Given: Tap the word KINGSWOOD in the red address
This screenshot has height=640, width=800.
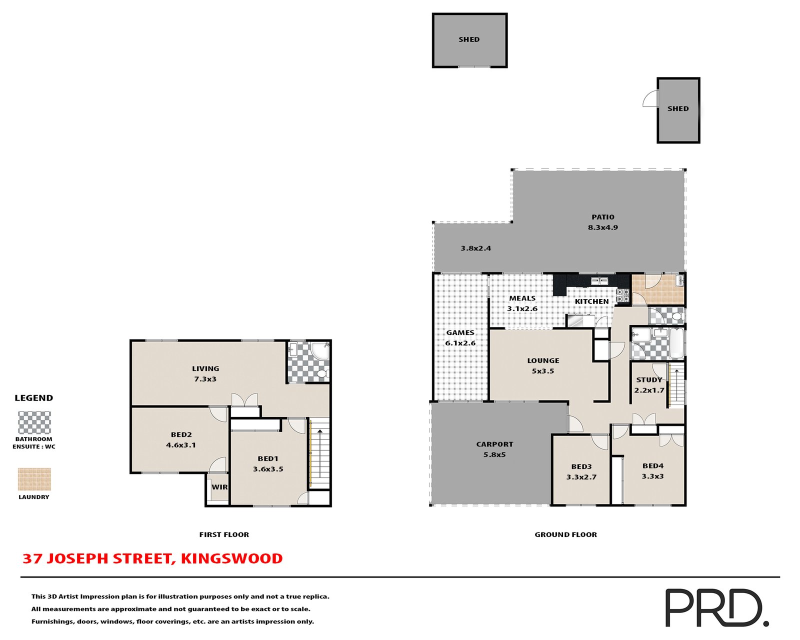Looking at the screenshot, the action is pos(231,558).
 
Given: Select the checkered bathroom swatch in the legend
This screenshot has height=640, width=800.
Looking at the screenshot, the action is pos(34,422).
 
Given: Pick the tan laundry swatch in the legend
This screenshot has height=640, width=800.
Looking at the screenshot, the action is pos(34,479).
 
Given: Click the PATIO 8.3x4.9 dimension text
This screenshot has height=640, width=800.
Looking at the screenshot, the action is pos(602,227).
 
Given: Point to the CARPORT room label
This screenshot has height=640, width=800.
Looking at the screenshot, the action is pos(494,444).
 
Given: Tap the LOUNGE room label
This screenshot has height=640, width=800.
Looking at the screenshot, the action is pos(543,360).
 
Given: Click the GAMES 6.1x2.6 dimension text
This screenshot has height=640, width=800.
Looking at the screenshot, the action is pos(460,343).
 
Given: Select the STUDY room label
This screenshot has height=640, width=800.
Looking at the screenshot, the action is pos(649,379).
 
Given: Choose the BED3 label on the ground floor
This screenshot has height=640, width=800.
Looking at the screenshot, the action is pos(581,466).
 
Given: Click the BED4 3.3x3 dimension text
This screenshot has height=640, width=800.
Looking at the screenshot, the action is pos(652,476).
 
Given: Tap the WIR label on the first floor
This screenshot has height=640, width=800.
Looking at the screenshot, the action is pos(219,487).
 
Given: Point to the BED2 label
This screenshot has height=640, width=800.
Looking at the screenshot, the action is pos(181,434).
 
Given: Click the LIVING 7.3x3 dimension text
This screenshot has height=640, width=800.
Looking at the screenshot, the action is pos(205,379).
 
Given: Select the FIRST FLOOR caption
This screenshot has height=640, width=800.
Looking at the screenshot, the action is pos(224,534).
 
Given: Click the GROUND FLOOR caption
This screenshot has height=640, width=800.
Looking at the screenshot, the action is pos(565,534).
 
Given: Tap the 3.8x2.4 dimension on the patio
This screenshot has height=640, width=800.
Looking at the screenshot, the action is pos(476,248).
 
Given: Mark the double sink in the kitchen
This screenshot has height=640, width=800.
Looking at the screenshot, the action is pos(599,281).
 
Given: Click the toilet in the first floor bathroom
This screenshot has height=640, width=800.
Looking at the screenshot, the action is pos(322,373).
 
